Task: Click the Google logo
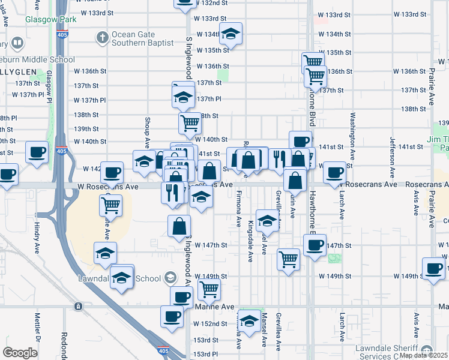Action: coord(20,353)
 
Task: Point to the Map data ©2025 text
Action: coord(423,355)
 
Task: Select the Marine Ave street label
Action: coord(214,307)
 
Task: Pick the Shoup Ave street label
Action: coord(147,133)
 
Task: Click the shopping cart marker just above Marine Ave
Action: coord(209,289)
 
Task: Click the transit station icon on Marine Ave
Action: coord(78,307)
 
